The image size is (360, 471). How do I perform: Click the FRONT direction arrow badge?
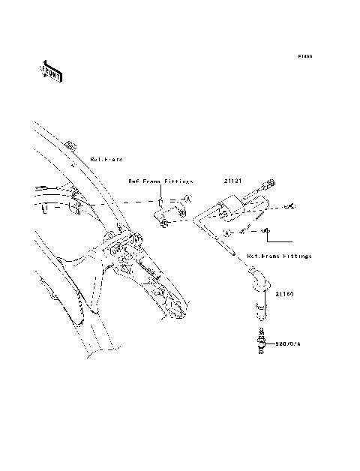[51, 71]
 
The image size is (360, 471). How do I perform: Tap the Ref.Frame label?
[106, 160]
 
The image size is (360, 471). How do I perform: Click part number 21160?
[283, 295]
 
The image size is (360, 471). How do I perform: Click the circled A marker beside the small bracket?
[189, 200]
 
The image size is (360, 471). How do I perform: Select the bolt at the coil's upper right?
[292, 205]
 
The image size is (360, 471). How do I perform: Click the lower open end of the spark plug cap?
[259, 305]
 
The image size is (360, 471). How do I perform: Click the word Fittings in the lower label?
[296, 256]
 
